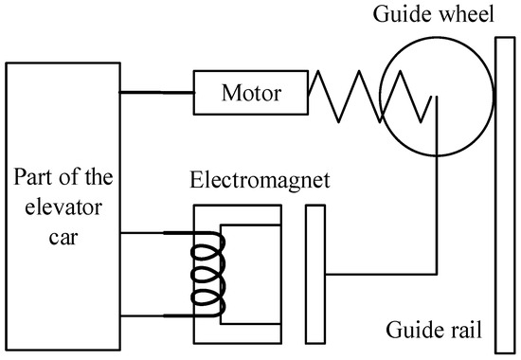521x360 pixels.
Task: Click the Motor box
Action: click(x=250, y=93)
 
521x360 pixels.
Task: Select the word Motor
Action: click(x=250, y=93)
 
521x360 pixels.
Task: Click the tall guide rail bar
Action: click(x=502, y=189)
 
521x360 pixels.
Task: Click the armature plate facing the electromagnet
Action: click(x=315, y=274)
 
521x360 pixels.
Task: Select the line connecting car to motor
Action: click(x=157, y=93)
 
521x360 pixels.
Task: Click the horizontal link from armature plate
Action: click(x=379, y=275)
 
